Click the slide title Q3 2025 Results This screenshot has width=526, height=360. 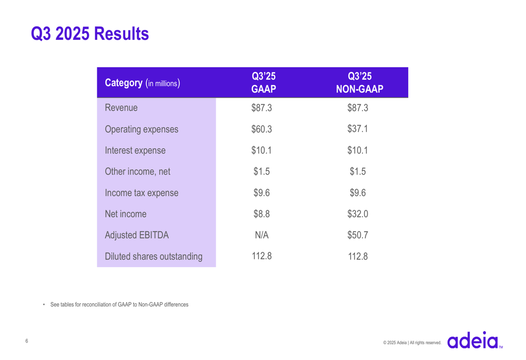coord(90,34)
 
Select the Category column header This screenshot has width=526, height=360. coord(143,83)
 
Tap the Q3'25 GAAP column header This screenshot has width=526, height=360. coord(264,83)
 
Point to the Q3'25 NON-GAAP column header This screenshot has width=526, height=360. coord(359,83)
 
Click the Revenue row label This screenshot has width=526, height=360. coord(122,108)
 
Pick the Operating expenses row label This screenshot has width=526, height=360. coord(141,129)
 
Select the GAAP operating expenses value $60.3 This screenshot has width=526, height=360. coord(261,129)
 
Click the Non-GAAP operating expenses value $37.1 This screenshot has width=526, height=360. coord(358,129)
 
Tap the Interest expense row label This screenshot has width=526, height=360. coord(135,151)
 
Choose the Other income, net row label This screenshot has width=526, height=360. coord(138,172)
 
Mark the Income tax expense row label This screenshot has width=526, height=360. coord(141,193)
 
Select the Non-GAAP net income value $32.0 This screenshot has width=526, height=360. coord(358,214)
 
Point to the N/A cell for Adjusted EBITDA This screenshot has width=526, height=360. coord(261,235)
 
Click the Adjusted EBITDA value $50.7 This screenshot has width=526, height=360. coord(358,235)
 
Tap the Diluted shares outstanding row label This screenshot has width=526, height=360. coord(154,257)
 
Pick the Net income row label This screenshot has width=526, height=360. coord(126,214)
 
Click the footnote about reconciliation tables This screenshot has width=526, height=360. coord(119,305)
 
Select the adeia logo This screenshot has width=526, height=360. coord(473,340)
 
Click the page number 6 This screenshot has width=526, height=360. coord(27,342)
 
